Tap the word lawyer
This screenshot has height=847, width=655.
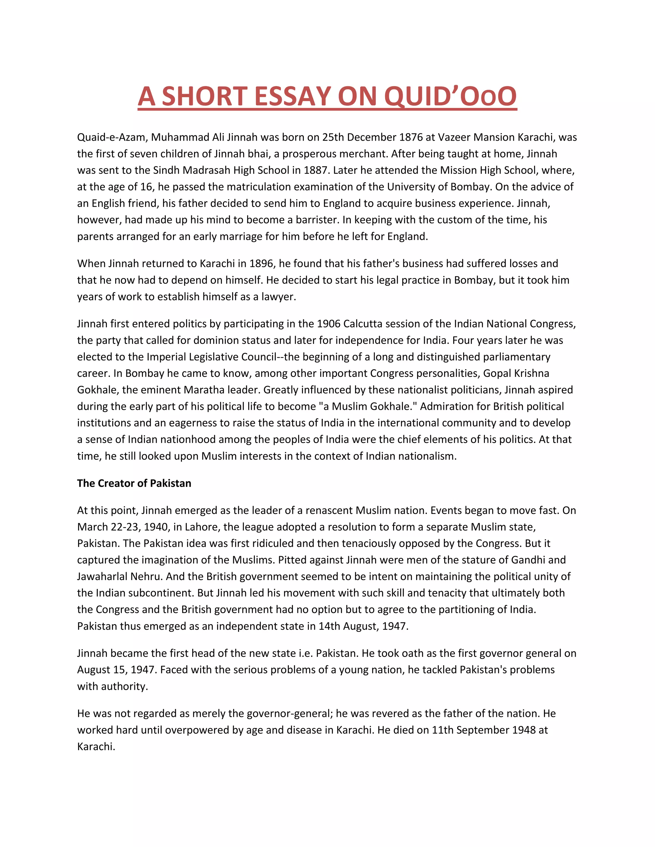(278, 297)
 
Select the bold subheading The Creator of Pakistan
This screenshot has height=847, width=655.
(134, 483)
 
